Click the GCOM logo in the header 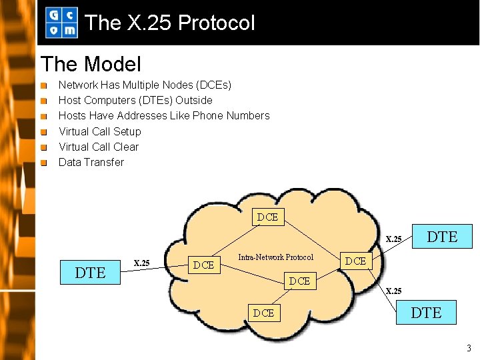coord(61,23)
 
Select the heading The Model coord(91,65)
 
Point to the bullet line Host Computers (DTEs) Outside coord(135,100)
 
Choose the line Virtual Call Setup coord(100,131)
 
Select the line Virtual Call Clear coord(99,147)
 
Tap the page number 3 coord(469,347)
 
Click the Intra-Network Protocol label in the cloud coord(275,257)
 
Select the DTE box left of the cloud coord(90,272)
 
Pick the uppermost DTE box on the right coord(441,237)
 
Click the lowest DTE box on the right coord(426,311)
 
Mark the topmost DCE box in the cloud coord(267,217)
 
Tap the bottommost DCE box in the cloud coord(263,313)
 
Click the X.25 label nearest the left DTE coord(141,263)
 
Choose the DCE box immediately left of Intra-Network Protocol coord(203,265)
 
